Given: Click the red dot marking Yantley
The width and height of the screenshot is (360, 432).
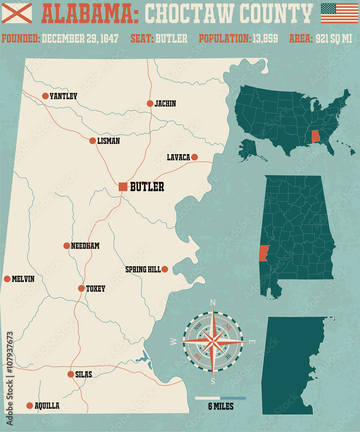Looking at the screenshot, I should pyautogui.click(x=45, y=96).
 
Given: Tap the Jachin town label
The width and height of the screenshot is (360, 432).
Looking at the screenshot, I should pyautogui.click(x=165, y=104).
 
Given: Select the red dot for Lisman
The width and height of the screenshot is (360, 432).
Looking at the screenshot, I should pyautogui.click(x=92, y=140).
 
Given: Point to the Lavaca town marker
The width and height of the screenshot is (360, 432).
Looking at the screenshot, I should pyautogui.click(x=194, y=157).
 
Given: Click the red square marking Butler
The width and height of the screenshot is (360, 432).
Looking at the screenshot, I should pyautogui.click(x=123, y=187).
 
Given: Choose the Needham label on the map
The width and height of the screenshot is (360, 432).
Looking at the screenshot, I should pyautogui.click(x=86, y=246).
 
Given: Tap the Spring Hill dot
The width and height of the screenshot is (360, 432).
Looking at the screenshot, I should pyautogui.click(x=165, y=269).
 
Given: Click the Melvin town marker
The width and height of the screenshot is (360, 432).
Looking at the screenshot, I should pyautogui.click(x=7, y=279).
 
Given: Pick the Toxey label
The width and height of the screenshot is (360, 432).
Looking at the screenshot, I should pyautogui.click(x=96, y=289).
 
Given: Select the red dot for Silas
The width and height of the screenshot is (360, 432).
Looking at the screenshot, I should pyautogui.click(x=70, y=375).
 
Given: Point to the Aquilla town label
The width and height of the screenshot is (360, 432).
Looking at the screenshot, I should pyautogui.click(x=47, y=406).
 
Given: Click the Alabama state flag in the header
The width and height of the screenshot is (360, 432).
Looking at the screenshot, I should pyautogui.click(x=17, y=13).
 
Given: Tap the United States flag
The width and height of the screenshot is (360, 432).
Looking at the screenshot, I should pyautogui.click(x=339, y=13).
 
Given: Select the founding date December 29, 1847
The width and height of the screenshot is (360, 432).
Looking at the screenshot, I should pyautogui.click(x=80, y=38).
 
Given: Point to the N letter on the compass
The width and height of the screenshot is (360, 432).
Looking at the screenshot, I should pyautogui.click(x=212, y=302).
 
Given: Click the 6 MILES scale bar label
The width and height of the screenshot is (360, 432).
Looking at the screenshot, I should pyautogui.click(x=220, y=406).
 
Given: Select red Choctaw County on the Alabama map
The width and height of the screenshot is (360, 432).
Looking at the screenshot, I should pyautogui.click(x=264, y=253).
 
